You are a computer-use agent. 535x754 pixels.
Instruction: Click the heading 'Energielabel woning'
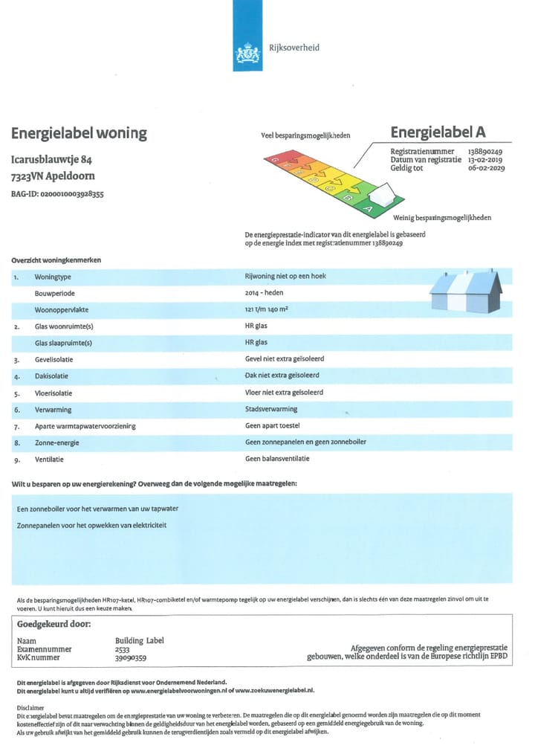pyautogui.click(x=79, y=134)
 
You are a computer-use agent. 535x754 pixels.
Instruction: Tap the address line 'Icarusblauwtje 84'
pyautogui.click(x=51, y=160)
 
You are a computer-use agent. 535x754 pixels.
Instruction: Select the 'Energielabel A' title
pyautogui.click(x=438, y=132)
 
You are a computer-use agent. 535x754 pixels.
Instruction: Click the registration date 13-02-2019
pyautogui.click(x=485, y=160)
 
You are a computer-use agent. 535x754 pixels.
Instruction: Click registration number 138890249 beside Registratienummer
pyautogui.click(x=485, y=152)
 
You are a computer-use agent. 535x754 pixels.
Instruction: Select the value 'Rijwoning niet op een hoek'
pyautogui.click(x=285, y=276)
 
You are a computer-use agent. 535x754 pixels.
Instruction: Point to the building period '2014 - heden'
pyautogui.click(x=263, y=293)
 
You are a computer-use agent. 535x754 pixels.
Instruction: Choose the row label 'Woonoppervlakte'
pyautogui.click(x=64, y=309)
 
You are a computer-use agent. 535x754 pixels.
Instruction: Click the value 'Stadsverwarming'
pyautogui.click(x=271, y=409)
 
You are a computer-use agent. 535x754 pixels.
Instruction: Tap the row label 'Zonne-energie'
pyautogui.click(x=57, y=442)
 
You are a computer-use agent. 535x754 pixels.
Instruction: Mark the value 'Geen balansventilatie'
pyautogui.click(x=277, y=459)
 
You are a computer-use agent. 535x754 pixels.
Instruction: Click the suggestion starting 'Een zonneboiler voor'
pyautogui.click(x=97, y=509)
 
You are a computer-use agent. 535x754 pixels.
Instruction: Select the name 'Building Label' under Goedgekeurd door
pyautogui.click(x=140, y=640)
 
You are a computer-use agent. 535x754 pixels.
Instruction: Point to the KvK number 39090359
pyautogui.click(x=131, y=657)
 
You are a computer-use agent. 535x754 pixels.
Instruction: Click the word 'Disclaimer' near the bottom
pyautogui.click(x=30, y=708)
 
